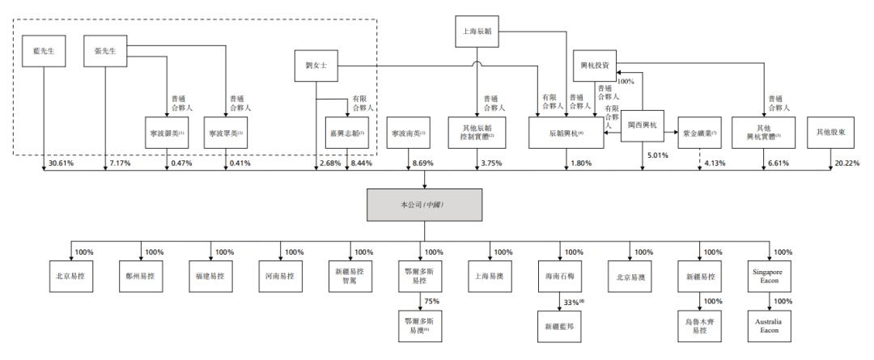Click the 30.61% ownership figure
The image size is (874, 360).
[x=61, y=163]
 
